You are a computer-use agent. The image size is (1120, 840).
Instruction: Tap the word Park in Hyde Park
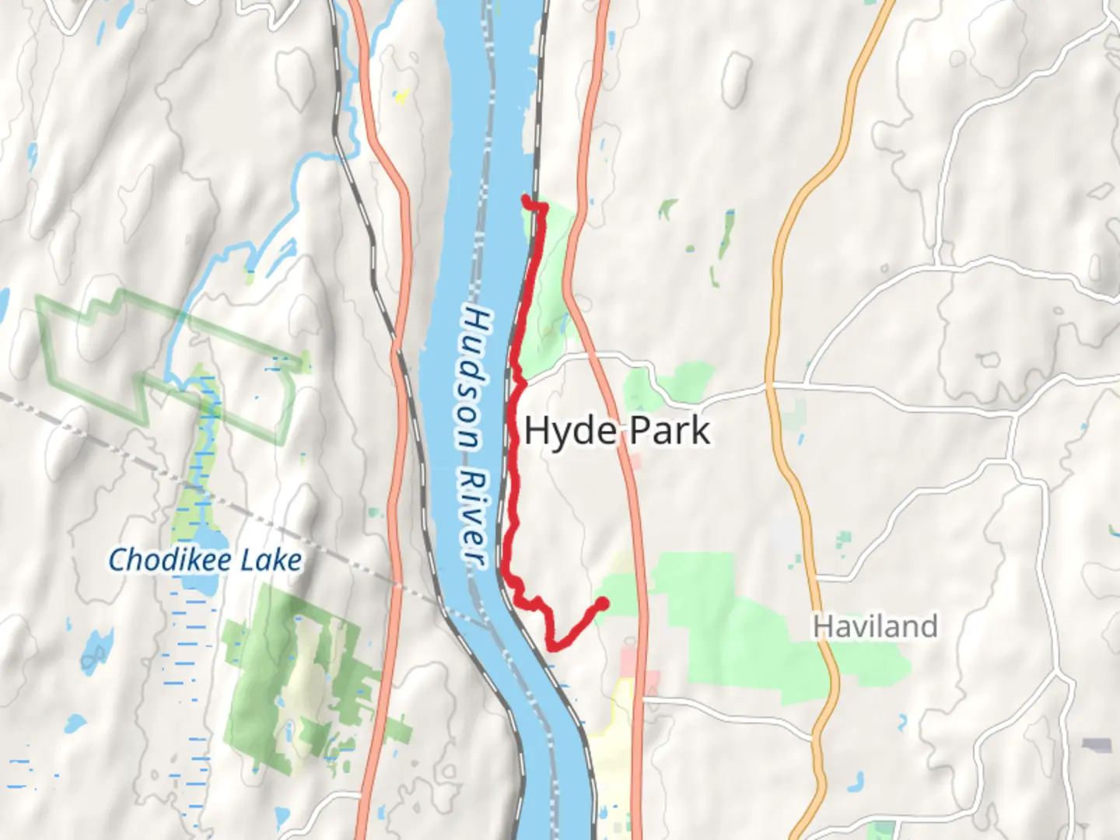tap(670, 431)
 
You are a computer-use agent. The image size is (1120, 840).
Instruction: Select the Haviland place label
tap(875, 626)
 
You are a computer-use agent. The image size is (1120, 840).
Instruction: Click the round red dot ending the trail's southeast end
tap(601, 604)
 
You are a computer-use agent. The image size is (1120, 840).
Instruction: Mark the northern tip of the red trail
tap(527, 200)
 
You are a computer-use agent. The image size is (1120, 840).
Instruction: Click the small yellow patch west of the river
tap(401, 97)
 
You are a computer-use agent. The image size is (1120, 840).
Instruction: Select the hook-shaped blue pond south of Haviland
tap(902, 723)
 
